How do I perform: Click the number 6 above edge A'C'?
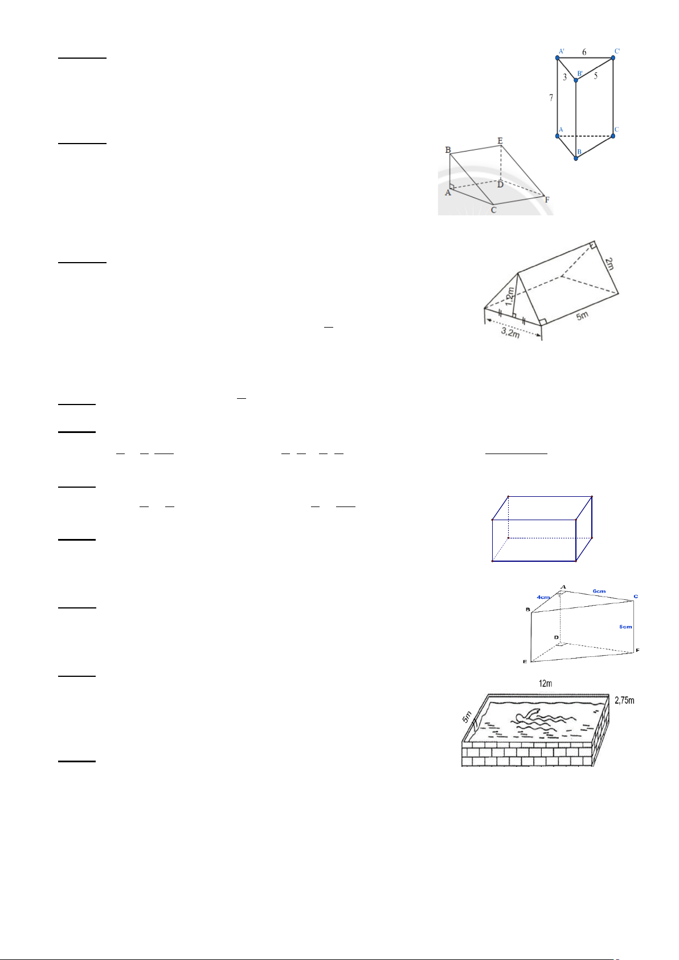584,52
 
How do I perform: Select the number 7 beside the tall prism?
551,98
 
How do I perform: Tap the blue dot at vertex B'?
576,80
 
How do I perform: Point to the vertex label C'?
617,51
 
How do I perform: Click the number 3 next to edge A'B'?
565,77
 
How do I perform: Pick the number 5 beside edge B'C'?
595,75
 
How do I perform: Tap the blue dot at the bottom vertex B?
576,158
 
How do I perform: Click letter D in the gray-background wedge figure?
500,185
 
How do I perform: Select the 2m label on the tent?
609,264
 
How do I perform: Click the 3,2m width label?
510,332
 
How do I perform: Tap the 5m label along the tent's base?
582,316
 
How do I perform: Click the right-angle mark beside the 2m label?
592,246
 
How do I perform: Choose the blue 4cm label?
543,597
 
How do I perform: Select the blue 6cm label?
599,591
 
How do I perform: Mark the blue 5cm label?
625,627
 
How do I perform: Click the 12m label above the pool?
545,683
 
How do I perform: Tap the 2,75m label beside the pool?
624,700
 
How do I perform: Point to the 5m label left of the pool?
467,717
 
